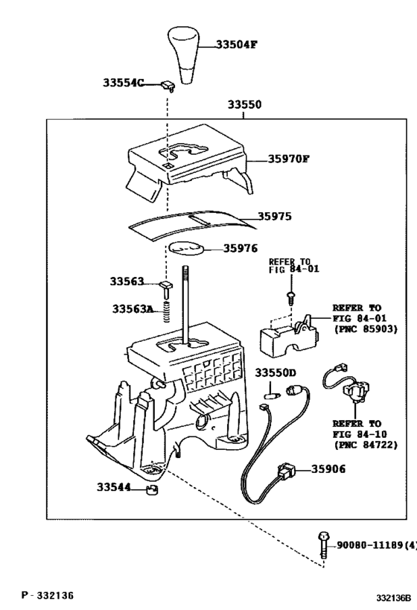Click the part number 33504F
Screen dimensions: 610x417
pos(237,45)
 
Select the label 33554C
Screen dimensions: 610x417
pos(123,83)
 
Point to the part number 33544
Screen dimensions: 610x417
pos(113,488)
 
